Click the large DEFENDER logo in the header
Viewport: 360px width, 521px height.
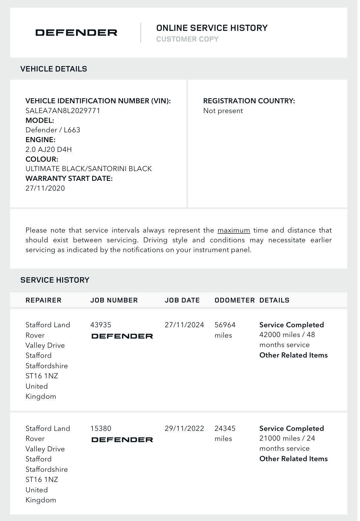pyautogui.click(x=76, y=33)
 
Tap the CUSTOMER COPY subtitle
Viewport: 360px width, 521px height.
pyautogui.click(x=187, y=39)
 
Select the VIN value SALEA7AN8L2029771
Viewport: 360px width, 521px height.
pyautogui.click(x=63, y=111)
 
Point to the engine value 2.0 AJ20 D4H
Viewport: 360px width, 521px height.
pyautogui.click(x=49, y=149)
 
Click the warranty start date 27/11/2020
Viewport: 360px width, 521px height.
pyautogui.click(x=45, y=188)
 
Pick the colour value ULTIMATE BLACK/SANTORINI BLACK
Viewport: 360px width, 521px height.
pyautogui.click(x=89, y=169)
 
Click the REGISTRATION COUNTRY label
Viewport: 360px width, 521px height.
pyautogui.click(x=249, y=101)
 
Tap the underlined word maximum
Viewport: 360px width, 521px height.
pyautogui.click(x=234, y=230)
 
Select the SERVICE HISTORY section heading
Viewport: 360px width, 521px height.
pyautogui.click(x=55, y=280)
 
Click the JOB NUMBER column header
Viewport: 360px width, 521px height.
pyautogui.click(x=114, y=300)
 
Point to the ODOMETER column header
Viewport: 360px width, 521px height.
pyautogui.click(x=235, y=300)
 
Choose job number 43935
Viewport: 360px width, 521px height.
pyautogui.click(x=101, y=325)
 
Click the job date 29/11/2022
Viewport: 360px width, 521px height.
pyautogui.click(x=184, y=428)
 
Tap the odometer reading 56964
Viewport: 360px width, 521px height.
pyautogui.click(x=225, y=325)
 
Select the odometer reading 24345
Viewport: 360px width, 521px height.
pyautogui.click(x=225, y=428)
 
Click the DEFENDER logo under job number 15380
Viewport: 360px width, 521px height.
pyautogui.click(x=122, y=440)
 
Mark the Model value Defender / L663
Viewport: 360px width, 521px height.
pyautogui.click(x=53, y=130)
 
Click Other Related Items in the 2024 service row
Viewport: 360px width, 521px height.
pyautogui.click(x=293, y=355)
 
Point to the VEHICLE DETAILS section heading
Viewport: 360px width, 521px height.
pyautogui.click(x=53, y=69)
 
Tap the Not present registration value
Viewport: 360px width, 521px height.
pyautogui.click(x=223, y=111)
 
